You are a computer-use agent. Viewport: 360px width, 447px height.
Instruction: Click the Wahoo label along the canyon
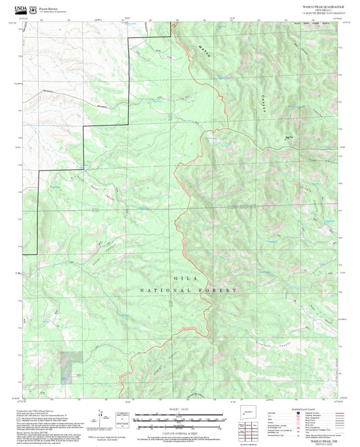coord(204,49)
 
